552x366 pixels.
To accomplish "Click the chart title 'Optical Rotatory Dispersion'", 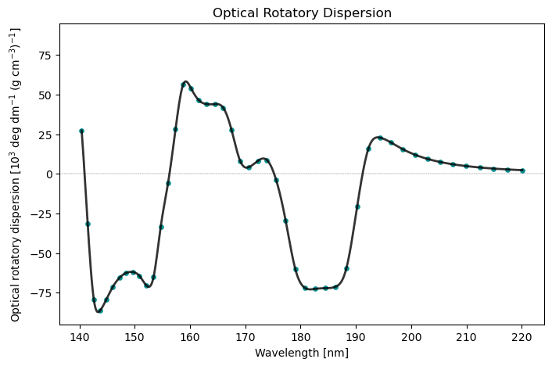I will click(302, 13).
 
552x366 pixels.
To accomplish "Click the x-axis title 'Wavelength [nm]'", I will click(302, 353).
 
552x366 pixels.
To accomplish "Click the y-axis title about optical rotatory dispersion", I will click(16, 174).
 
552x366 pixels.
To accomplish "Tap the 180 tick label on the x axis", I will click(301, 337).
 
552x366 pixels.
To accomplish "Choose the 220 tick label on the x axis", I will click(522, 337).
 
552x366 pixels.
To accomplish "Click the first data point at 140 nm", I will click(81, 131).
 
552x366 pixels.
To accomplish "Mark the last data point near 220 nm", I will click(522, 170).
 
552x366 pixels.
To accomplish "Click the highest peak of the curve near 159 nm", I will click(186, 81).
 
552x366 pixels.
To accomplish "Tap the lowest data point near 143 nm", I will click(100, 310).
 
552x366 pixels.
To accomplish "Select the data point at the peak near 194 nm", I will click(380, 138).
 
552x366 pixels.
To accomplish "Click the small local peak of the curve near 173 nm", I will click(263, 159).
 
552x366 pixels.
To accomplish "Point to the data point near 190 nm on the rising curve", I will click(357, 206).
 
